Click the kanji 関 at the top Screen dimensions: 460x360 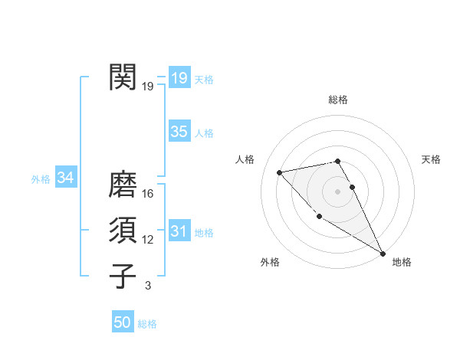(123, 77)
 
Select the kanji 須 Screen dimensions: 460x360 (123, 231)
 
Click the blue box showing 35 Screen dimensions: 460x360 (179, 132)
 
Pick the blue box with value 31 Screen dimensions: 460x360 (179, 231)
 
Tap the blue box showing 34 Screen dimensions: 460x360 (66, 178)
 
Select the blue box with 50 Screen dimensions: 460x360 (123, 322)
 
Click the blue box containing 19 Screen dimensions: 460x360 (179, 78)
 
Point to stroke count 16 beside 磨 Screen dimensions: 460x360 (148, 193)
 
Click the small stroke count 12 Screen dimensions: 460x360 (148, 240)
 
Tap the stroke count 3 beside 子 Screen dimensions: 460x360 (148, 286)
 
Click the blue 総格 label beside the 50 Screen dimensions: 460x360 (147, 324)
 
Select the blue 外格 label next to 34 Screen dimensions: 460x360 (41, 179)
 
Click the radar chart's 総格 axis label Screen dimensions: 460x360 (337, 100)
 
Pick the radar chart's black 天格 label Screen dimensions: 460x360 (432, 159)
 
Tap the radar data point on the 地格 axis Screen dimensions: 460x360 (383, 254)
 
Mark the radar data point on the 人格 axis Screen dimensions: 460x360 (280, 172)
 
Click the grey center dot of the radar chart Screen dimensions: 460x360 (337, 191)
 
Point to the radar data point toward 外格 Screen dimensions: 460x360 (319, 216)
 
